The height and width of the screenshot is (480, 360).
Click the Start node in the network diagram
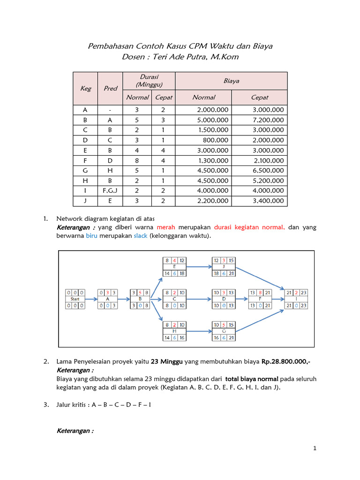coord(75,299)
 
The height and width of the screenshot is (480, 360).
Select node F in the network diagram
coord(260,299)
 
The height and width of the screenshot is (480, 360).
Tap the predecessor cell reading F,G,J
coord(110,191)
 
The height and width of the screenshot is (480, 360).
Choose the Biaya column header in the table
coord(231,81)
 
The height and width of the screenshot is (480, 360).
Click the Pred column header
coord(110,88)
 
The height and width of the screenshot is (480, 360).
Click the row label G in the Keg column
coord(85,171)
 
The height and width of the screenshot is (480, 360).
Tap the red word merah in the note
coord(166,227)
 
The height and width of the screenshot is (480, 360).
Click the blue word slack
coord(140,236)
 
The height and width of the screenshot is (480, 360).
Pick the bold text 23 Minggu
coord(167,362)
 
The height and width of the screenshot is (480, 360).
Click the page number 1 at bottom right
coord(315,449)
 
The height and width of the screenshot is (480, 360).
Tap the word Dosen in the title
coord(133,57)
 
